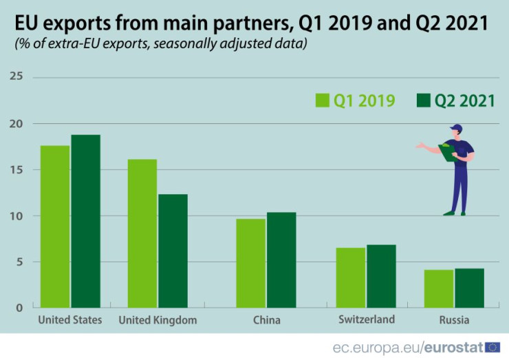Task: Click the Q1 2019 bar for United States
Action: tap(55, 226)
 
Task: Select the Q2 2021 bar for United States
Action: tap(85, 221)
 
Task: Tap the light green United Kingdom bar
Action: tap(142, 233)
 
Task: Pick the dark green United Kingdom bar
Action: tap(173, 251)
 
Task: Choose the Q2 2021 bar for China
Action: tap(281, 260)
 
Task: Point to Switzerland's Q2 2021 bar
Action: tap(381, 276)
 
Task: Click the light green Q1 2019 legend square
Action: tap(323, 100)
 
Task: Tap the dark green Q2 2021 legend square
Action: tap(423, 100)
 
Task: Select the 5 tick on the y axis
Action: tap(18, 262)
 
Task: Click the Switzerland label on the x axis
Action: tap(367, 319)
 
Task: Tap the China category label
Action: tap(267, 320)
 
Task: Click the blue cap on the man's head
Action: tap(457, 128)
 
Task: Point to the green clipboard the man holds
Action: tap(448, 152)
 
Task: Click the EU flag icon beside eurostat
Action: tap(492, 347)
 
